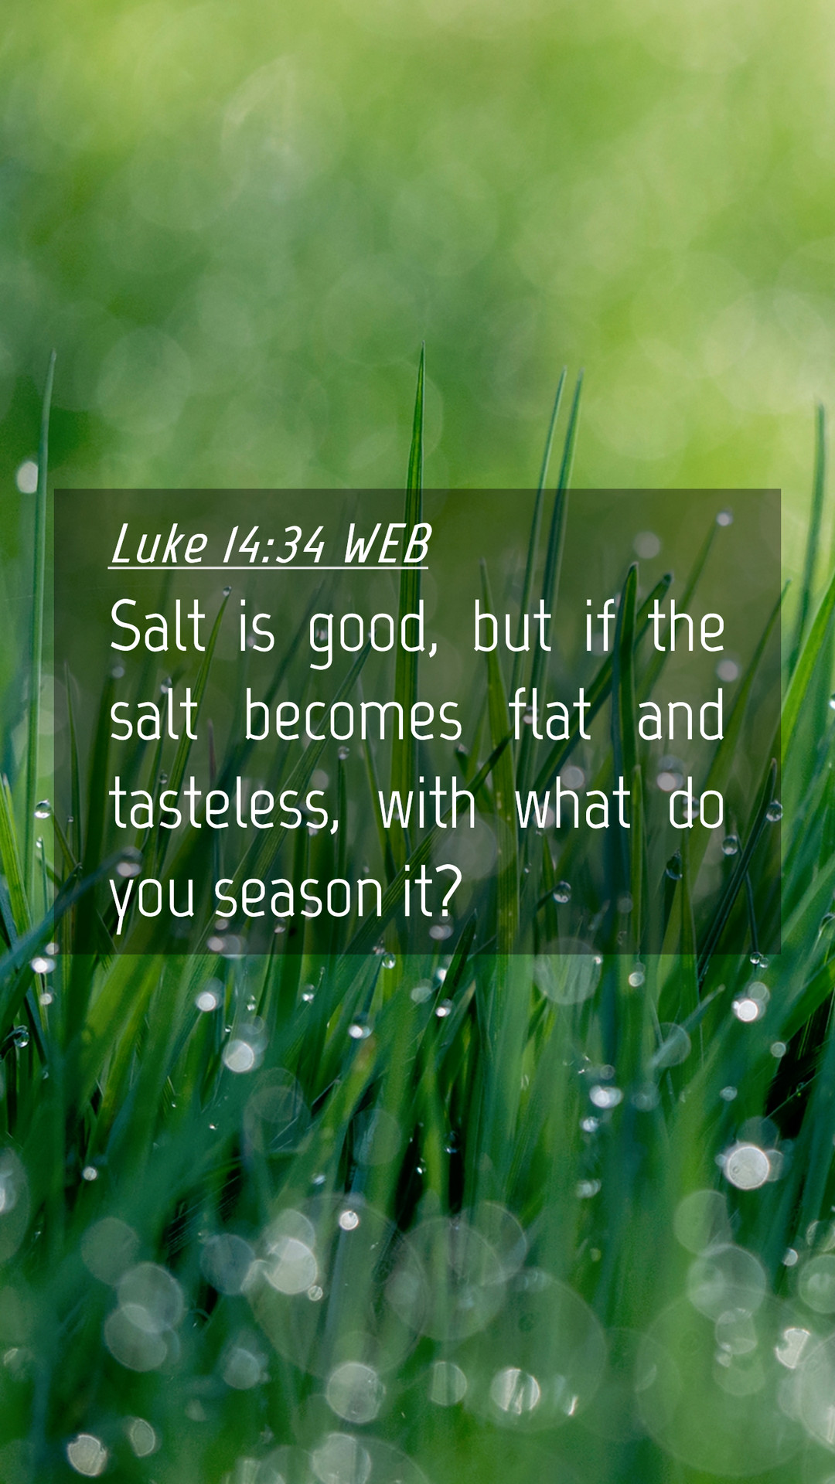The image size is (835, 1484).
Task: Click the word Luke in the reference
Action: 159,544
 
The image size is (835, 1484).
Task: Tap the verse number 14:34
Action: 274,544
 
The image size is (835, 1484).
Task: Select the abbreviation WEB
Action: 386,544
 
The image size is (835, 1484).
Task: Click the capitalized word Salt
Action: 158,626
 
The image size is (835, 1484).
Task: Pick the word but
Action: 512,626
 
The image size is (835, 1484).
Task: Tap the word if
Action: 600,626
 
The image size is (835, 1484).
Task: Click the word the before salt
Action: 687,626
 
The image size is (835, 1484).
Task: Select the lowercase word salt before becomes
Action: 154,716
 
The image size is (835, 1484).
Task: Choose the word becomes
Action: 353,716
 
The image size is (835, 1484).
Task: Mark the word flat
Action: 550,716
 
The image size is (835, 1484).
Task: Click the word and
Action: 681,716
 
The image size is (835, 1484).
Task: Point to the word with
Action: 426,804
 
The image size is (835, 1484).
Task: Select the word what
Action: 573,804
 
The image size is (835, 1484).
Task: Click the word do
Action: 697,804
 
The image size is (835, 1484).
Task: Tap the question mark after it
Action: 447,892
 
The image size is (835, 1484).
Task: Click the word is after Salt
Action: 257,628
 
